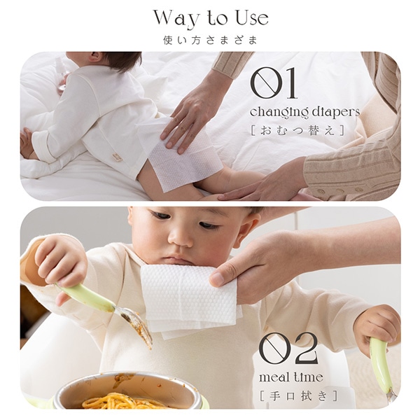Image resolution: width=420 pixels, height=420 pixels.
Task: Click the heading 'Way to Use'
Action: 210,17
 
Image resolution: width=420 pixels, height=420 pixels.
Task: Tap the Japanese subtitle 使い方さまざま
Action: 210,40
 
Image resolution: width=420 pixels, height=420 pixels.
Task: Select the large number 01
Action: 273,84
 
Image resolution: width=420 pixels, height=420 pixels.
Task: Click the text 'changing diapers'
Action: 304,112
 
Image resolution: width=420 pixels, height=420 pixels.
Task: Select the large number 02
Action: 288,349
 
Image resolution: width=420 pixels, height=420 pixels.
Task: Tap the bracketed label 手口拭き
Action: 298,396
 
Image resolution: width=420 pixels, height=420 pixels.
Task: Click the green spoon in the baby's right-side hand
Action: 381,364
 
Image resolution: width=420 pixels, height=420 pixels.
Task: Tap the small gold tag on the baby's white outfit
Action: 116,157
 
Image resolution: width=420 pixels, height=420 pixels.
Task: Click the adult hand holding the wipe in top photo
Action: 192,115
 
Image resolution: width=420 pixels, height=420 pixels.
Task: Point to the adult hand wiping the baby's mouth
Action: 255,266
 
